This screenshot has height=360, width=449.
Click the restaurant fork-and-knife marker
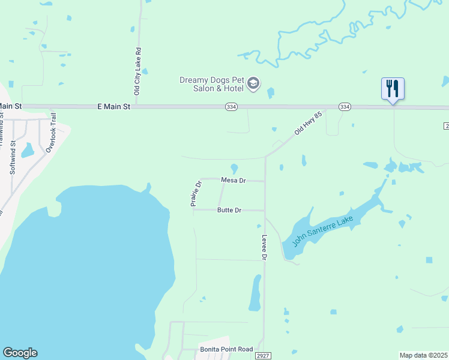click(393, 88)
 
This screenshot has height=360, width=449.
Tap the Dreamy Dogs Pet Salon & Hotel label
click(211, 85)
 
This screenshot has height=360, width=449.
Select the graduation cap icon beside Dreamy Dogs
click(253, 83)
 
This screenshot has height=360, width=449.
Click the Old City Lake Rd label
click(137, 71)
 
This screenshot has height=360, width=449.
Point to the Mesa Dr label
click(234, 180)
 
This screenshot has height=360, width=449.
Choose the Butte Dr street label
click(229, 210)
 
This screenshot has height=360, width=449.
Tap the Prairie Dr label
click(196, 193)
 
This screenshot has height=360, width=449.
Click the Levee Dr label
click(264, 247)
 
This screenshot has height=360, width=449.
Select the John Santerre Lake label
click(322, 232)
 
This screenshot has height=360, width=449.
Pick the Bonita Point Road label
click(226, 349)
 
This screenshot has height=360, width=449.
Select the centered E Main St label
click(113, 106)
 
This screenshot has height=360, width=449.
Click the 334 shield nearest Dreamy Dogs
click(231, 107)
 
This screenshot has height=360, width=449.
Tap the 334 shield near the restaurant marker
click(344, 107)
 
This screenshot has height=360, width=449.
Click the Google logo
click(20, 353)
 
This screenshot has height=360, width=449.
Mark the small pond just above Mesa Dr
click(234, 169)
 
